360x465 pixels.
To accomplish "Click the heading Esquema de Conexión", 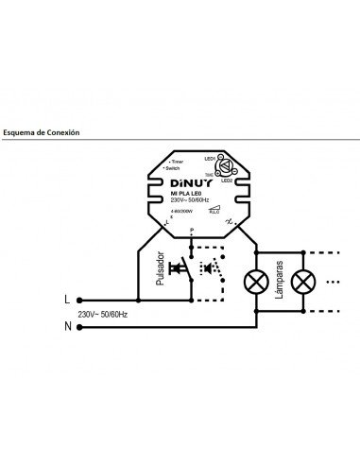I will click(42, 133).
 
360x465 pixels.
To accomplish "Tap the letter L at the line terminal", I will click(67, 299).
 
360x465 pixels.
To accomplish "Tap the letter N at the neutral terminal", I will click(66, 326).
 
